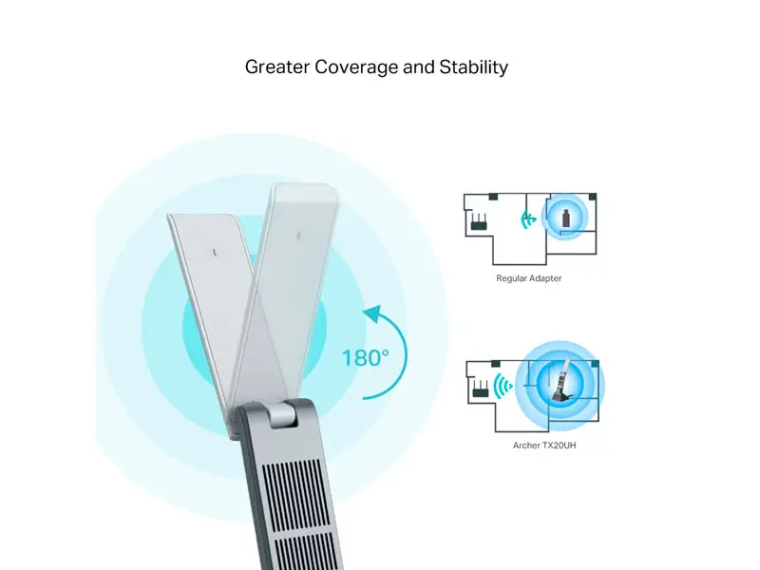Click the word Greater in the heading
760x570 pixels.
[x=276, y=66]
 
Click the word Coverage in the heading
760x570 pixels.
[x=356, y=66]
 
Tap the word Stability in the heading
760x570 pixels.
[x=473, y=66]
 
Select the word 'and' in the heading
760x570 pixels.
[x=419, y=66]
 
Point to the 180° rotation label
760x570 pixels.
[x=366, y=358]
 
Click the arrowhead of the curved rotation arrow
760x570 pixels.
[x=373, y=313]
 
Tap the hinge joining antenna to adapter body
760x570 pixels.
[x=282, y=413]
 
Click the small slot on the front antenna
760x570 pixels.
[x=216, y=253]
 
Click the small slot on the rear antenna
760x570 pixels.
[x=298, y=236]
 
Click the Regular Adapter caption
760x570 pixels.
[x=529, y=278]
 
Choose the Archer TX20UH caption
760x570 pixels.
[x=544, y=445]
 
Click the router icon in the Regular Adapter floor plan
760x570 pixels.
[x=479, y=222]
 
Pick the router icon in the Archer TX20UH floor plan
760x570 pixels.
[x=481, y=389]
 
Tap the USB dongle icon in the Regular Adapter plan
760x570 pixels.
[x=565, y=218]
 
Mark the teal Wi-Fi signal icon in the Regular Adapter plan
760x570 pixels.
[x=528, y=219]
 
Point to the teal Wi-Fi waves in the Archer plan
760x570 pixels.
[x=503, y=387]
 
